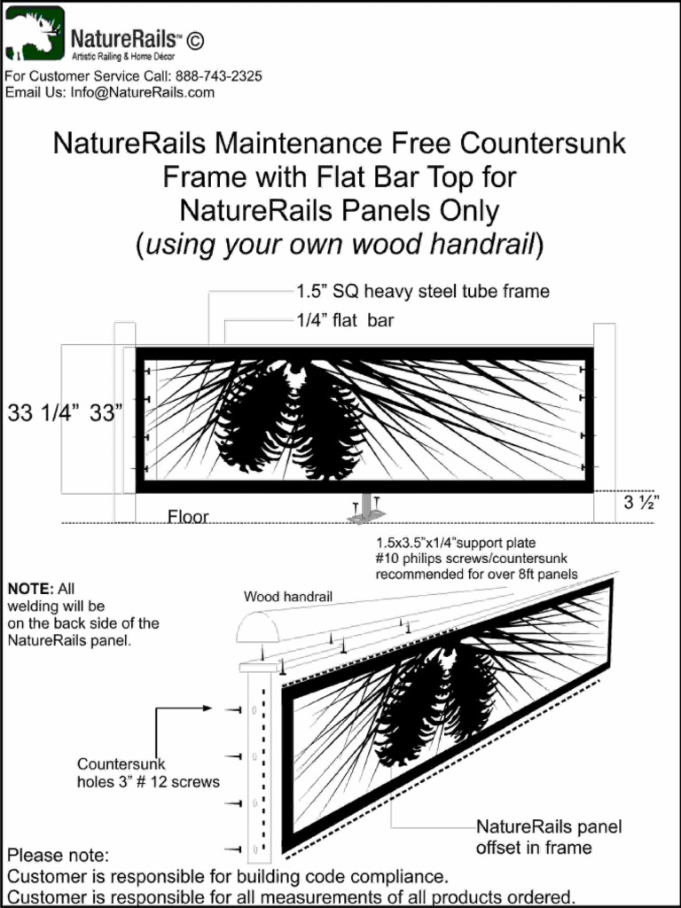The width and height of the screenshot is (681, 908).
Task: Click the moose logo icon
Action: (34, 34)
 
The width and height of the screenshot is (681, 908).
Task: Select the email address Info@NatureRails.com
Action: (143, 92)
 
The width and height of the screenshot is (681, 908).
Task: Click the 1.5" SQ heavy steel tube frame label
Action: (422, 291)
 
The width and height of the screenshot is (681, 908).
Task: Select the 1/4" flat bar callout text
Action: (345, 322)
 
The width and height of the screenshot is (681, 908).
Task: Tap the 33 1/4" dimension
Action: (42, 414)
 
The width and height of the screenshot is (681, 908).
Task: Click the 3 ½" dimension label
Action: (641, 504)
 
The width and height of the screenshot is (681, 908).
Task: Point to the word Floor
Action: (188, 516)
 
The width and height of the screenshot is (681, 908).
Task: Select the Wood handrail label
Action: (288, 597)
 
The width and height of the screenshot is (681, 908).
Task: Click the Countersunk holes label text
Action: (147, 773)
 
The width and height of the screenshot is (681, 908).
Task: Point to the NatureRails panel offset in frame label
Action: (549, 837)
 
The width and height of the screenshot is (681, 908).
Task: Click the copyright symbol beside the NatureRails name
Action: (195, 40)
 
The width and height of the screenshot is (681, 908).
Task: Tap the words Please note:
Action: (58, 857)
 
